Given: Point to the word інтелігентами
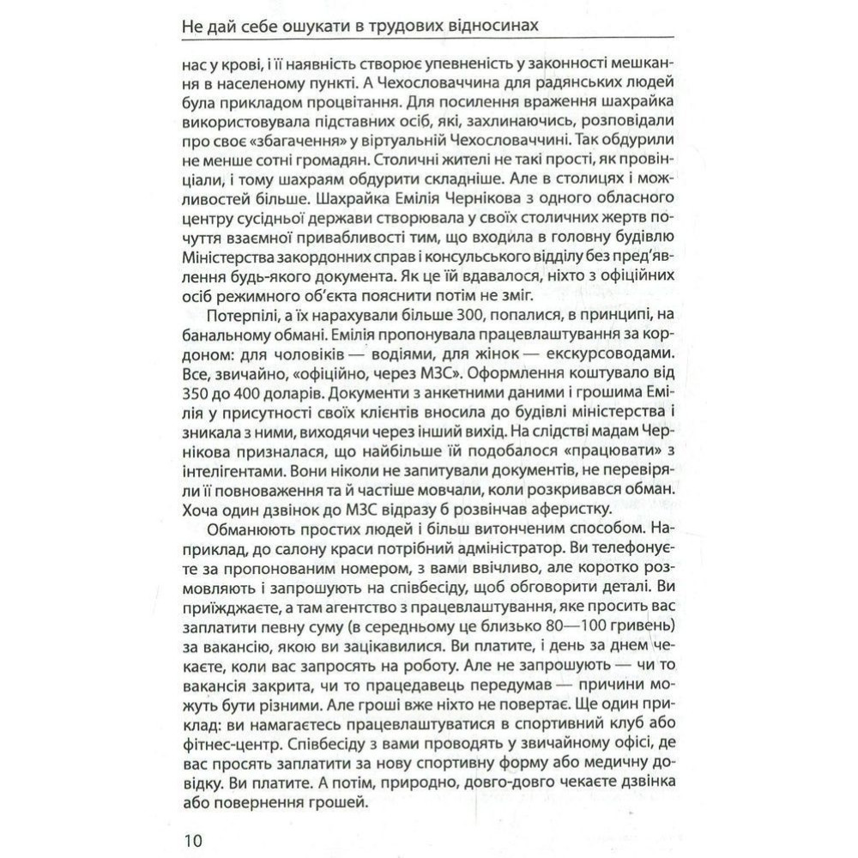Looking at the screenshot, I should point(229,464).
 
